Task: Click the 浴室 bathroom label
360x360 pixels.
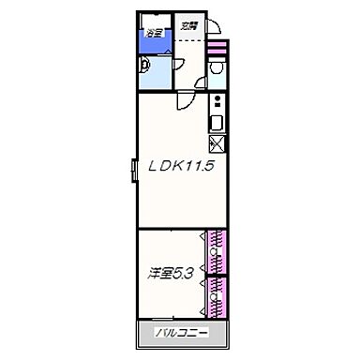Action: click(152, 35)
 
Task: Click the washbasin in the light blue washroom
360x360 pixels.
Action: click(144, 66)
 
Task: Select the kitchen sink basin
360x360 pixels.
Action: click(217, 123)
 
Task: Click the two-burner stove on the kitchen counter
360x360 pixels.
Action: click(217, 101)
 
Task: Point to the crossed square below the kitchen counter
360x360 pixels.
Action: click(216, 143)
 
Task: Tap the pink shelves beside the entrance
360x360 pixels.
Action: click(219, 47)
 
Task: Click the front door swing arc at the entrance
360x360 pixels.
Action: click(211, 27)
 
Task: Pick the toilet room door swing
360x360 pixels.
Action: click(202, 83)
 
